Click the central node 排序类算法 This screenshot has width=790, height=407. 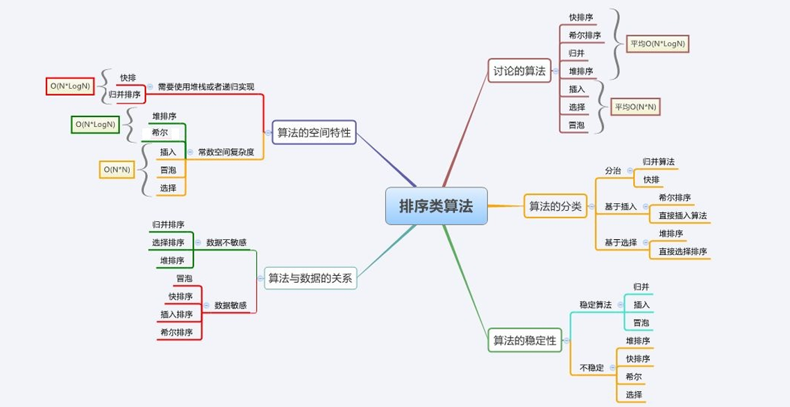(x=437, y=206)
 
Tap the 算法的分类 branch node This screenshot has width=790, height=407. (x=555, y=206)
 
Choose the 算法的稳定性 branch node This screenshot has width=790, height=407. (x=525, y=340)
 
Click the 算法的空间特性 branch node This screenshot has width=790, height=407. (x=314, y=132)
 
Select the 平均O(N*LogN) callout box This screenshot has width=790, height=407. (x=657, y=44)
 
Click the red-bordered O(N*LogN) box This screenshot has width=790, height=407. (x=69, y=86)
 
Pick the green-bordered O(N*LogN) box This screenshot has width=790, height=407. (x=95, y=125)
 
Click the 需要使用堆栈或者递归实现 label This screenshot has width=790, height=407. (x=206, y=87)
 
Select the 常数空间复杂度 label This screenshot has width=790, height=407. (x=226, y=152)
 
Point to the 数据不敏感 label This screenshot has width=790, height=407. (x=226, y=243)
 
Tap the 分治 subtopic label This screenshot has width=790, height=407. (x=613, y=170)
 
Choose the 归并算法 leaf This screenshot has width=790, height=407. (x=657, y=162)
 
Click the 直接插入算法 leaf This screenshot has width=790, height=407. (x=682, y=216)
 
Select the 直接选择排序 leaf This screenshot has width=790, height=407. (x=682, y=252)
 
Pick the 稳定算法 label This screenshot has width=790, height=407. (x=595, y=305)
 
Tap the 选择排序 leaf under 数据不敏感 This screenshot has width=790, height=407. (x=168, y=243)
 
